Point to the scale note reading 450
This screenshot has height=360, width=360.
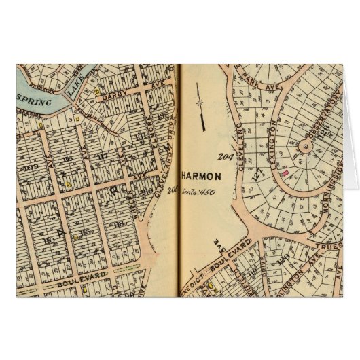198,192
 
